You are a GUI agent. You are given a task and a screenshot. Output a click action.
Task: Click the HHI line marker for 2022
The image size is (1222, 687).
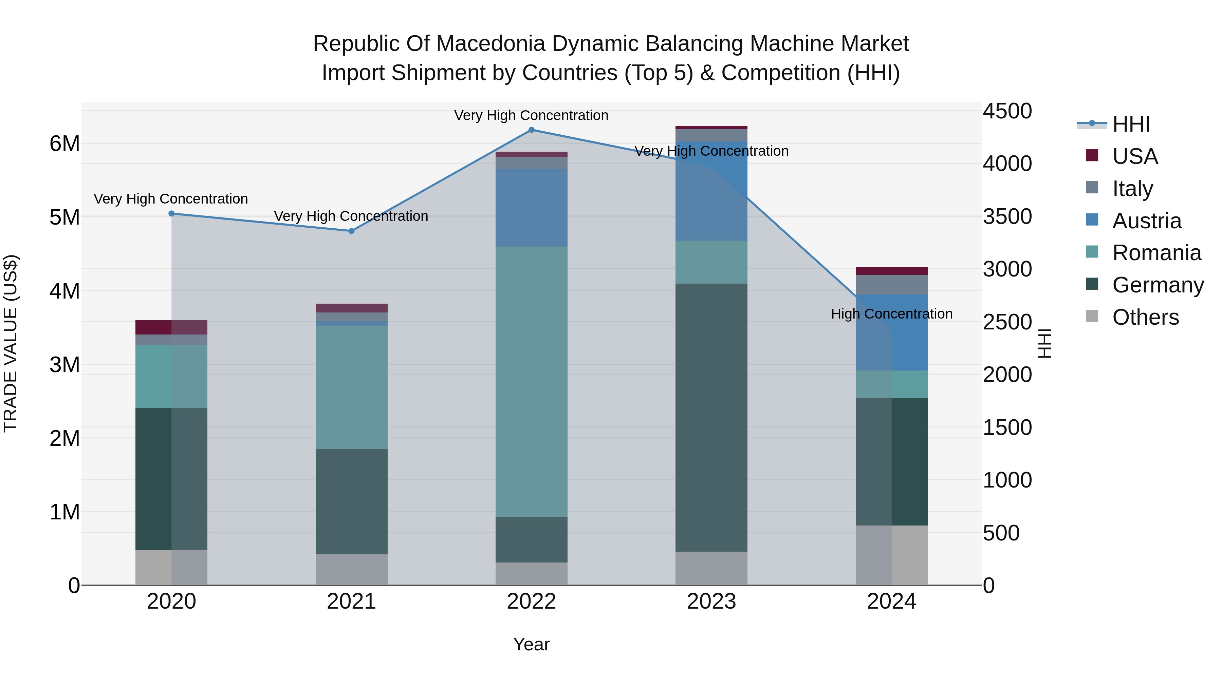(x=531, y=130)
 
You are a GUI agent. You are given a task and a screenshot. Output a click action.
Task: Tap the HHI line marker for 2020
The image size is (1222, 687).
(x=172, y=214)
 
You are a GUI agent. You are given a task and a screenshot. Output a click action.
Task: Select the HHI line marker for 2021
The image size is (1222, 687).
(x=352, y=231)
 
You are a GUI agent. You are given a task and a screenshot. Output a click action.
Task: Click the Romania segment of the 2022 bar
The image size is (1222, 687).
(x=531, y=382)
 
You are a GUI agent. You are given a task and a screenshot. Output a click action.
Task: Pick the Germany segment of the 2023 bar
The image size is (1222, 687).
(x=711, y=417)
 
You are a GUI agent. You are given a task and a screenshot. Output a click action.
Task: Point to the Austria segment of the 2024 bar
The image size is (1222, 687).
(x=891, y=332)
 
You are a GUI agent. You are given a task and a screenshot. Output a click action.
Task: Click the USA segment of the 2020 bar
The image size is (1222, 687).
(x=171, y=327)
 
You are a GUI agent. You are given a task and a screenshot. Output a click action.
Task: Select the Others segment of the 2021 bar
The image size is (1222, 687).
(x=352, y=569)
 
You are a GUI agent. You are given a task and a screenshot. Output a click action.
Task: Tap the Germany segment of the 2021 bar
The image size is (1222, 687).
(x=352, y=501)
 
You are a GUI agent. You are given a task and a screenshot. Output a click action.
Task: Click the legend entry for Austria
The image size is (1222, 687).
(x=1146, y=221)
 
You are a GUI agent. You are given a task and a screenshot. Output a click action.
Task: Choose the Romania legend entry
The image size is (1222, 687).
(x=1156, y=253)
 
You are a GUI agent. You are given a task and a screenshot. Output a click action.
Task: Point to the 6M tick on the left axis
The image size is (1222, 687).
(x=65, y=144)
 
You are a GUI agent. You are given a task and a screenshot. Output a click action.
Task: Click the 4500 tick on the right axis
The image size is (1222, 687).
(x=1007, y=111)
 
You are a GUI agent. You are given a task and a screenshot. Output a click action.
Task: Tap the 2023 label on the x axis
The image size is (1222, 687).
(x=711, y=602)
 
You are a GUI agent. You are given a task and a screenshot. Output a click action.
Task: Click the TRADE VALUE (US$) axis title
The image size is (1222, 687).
(x=11, y=343)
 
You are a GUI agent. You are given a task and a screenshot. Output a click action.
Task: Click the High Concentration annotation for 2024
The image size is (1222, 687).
(x=891, y=314)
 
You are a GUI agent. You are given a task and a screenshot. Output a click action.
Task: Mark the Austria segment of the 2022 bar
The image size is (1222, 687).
(x=531, y=208)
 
